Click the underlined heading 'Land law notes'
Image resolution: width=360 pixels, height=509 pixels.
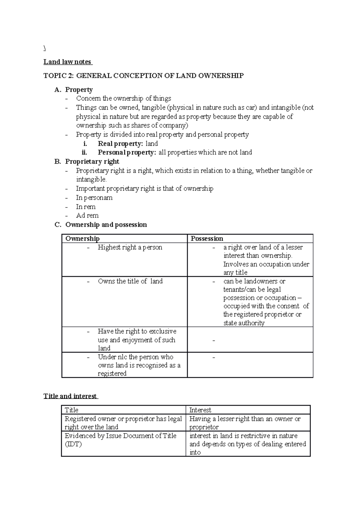67,62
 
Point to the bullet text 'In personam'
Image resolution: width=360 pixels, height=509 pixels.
94,198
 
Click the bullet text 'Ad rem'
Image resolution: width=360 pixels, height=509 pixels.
87,216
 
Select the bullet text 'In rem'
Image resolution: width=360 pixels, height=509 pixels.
86,207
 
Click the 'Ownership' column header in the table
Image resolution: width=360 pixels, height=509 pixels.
82,239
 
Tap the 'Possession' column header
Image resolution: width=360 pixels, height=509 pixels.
207,239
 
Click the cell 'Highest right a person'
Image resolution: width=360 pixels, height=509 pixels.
130,247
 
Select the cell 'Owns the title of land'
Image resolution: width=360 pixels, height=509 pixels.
130,281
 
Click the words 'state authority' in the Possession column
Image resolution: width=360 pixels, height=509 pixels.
244,323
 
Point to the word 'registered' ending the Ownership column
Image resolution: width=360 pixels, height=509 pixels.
112,374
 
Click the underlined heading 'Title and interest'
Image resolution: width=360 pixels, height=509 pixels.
70,396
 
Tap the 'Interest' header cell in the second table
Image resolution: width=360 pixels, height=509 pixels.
200,410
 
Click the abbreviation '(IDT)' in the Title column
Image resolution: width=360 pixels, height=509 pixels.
73,444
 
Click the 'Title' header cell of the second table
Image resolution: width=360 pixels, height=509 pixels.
71,410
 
